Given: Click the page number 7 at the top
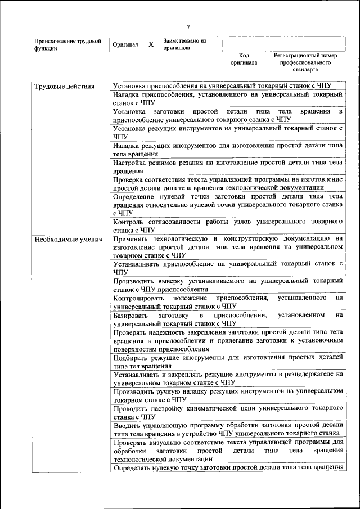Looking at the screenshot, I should pos(188,27).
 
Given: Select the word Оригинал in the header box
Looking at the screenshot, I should pos(125,44).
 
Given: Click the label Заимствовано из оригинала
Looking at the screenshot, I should pos(184,44).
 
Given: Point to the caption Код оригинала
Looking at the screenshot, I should pos(244,59).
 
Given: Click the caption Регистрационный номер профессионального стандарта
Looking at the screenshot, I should pos(305,63).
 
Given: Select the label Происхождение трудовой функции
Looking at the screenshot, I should pos(67,44).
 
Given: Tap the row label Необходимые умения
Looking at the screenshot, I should pos(68,239).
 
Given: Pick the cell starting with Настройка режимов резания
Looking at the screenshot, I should pos(227,166).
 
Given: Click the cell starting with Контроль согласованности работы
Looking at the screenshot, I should pos(227,226).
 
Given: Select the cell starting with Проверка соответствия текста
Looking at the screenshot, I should pos(227,183).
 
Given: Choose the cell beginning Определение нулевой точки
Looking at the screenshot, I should pos(227,204).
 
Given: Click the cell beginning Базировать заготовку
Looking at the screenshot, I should pos(227,319).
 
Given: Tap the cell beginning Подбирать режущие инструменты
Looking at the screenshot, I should pos(227,361).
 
